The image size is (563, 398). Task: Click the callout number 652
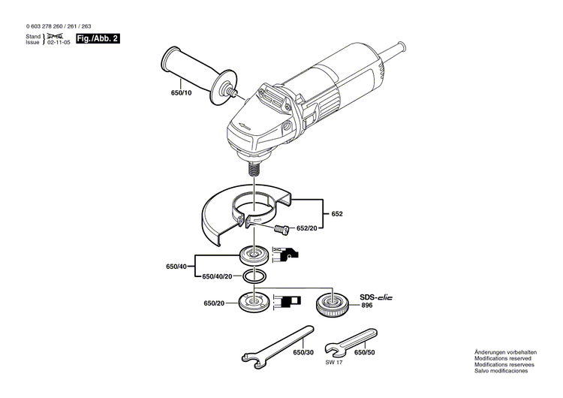pyautogui.click(x=337, y=214)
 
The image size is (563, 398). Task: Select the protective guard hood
pyautogui.click(x=225, y=214)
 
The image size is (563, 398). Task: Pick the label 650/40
pyautogui.click(x=176, y=267)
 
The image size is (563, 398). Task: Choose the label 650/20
pyautogui.click(x=214, y=303)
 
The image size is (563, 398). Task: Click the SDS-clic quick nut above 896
pyautogui.click(x=330, y=304)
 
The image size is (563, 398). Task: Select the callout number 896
pyautogui.click(x=366, y=306)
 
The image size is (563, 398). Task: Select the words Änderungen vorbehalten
pyautogui.click(x=505, y=352)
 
